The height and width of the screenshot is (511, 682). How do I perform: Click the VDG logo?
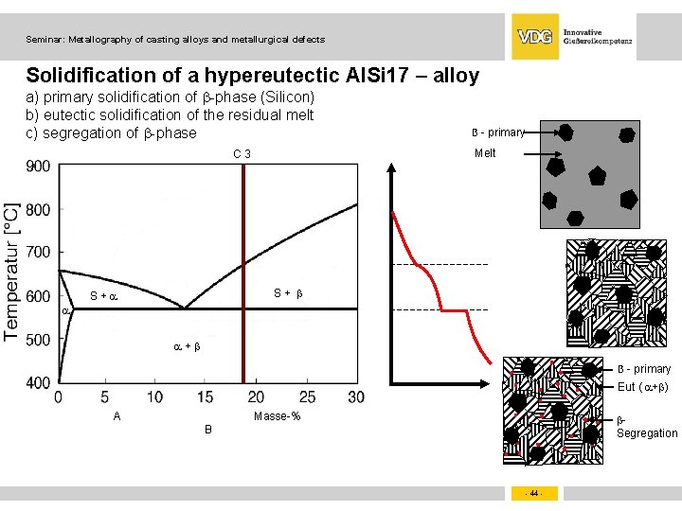(534, 37)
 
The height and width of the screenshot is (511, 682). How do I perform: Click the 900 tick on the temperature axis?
(39, 167)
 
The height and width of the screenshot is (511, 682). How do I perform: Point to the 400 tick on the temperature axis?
(39, 382)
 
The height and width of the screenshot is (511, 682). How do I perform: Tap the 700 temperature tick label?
(39, 253)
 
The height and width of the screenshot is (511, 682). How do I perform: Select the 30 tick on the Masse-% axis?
(356, 397)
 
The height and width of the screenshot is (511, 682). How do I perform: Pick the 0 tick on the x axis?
(59, 397)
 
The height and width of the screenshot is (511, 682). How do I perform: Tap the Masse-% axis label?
(277, 416)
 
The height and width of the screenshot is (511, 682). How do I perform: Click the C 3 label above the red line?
(242, 154)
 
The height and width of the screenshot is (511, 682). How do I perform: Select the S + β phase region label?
(288, 293)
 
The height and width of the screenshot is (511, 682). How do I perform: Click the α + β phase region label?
(187, 346)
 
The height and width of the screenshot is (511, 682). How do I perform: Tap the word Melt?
(485, 153)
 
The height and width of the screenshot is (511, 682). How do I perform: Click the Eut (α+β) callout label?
(644, 386)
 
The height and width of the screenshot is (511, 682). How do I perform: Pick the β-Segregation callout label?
(647, 427)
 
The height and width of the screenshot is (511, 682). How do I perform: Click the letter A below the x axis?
(117, 416)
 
